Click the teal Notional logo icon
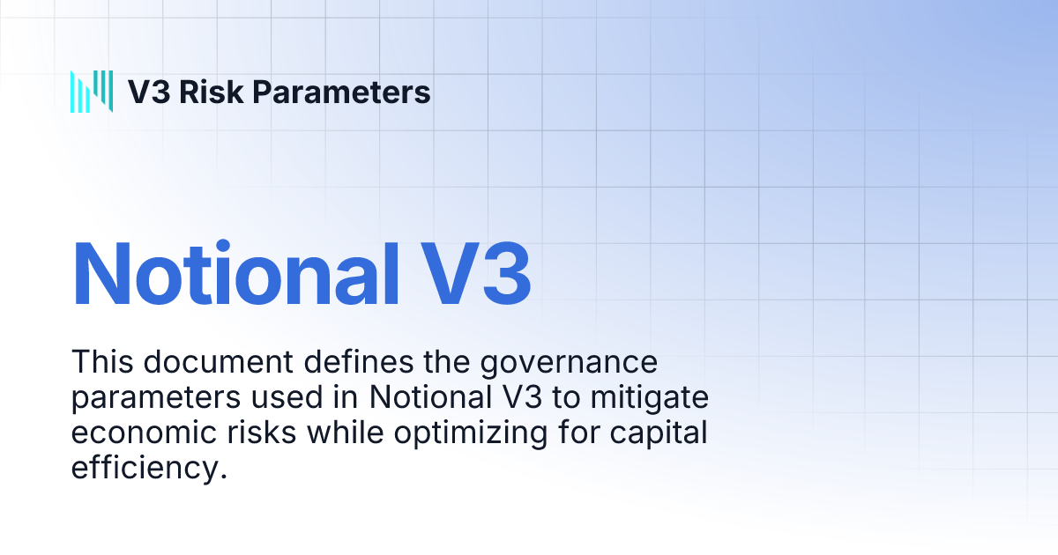pyautogui.click(x=92, y=92)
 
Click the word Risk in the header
pyautogui.click(x=211, y=92)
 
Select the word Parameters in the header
pyautogui.click(x=341, y=92)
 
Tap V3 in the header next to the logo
pyautogui.click(x=149, y=92)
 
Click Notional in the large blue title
pyautogui.click(x=235, y=274)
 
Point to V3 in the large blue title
pyautogui.click(x=475, y=274)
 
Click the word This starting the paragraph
pyautogui.click(x=102, y=362)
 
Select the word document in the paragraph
pyautogui.click(x=219, y=362)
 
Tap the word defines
pyautogui.click(x=359, y=362)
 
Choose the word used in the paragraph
pyautogui.click(x=287, y=397)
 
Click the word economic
pyautogui.click(x=144, y=433)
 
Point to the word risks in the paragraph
pyautogui.click(x=262, y=433)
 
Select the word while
pyautogui.click(x=346, y=433)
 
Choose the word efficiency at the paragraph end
pyautogui.click(x=149, y=469)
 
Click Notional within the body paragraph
pyautogui.click(x=431, y=397)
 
